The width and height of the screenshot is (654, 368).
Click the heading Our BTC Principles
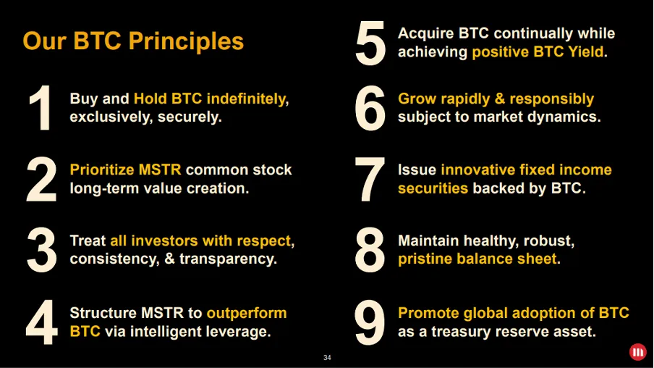point(133,41)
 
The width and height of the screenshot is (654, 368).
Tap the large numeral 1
point(41,109)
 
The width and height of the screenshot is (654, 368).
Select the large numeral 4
point(41,324)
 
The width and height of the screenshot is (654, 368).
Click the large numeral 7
point(370,180)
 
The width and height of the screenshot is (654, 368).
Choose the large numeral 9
point(370,324)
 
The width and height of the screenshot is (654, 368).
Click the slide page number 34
point(327,358)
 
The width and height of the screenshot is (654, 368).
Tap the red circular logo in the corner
point(637,352)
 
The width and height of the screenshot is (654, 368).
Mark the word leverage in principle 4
point(237,332)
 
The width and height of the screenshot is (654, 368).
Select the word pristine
point(425,259)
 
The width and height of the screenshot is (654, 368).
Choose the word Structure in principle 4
point(103,313)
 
